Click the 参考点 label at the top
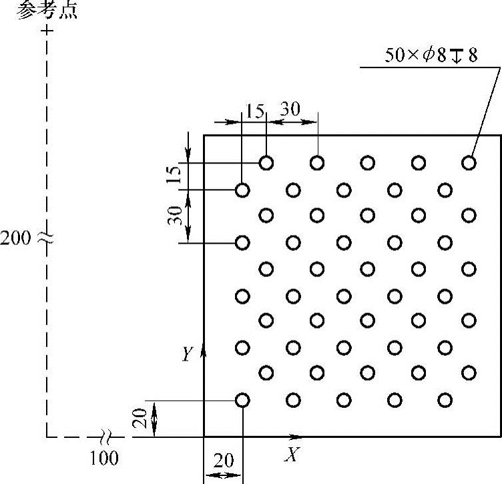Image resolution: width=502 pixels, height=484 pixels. [x=47, y=11]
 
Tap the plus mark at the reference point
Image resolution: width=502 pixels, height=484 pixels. [x=46, y=31]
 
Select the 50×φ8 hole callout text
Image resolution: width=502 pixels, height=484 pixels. [x=431, y=55]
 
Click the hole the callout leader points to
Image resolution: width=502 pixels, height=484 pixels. [x=469, y=162]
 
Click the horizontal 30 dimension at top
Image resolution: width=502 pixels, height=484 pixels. [x=290, y=109]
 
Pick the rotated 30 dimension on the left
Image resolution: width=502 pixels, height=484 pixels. [x=175, y=215]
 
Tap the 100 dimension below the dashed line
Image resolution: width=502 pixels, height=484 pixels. [x=103, y=458]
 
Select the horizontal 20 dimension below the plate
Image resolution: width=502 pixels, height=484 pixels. [x=224, y=461]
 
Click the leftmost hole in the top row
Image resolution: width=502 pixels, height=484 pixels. [x=266, y=162]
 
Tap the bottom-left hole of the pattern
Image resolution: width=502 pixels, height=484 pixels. [x=242, y=400]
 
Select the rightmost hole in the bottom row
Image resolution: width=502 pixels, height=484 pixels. [x=445, y=400]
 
